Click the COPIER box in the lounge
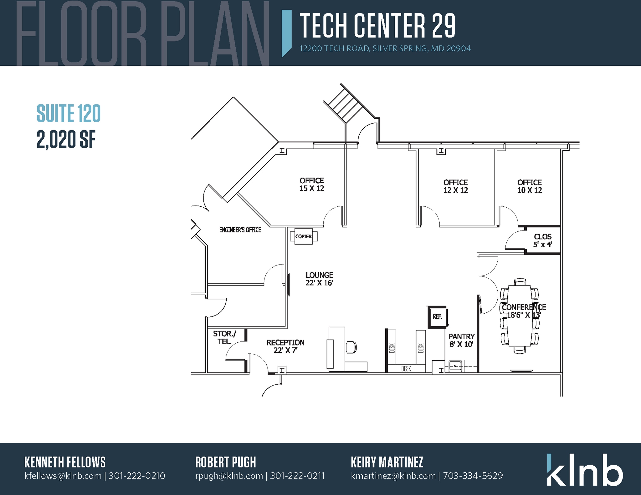tap(303, 236)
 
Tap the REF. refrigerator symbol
tap(438, 317)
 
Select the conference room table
tap(520, 316)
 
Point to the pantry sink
tap(455, 365)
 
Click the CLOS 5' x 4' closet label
tap(542, 240)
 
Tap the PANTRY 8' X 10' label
tap(461, 341)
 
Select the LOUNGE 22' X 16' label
tap(319, 279)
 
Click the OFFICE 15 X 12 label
tap(312, 184)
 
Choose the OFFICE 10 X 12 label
tap(530, 186)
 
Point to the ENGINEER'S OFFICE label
tap(240, 230)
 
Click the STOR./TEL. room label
tap(224, 338)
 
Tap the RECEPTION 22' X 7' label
tap(285, 346)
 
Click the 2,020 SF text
tap(66, 139)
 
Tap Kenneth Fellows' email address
tap(63, 476)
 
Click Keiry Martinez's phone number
tap(473, 476)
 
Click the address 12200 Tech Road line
tap(385, 49)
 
